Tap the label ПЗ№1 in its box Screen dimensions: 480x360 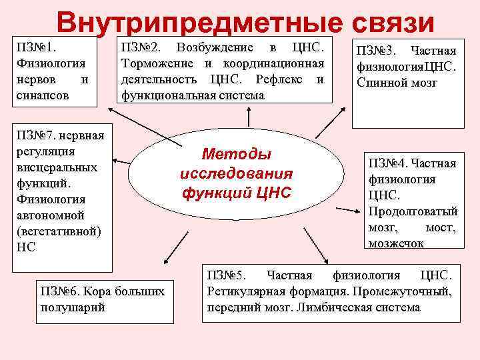(x=37, y=48)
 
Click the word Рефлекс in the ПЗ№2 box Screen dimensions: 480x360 (x=281, y=79)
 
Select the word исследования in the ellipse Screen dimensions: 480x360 (x=236, y=174)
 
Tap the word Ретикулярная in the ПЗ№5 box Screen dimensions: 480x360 (x=241, y=291)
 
